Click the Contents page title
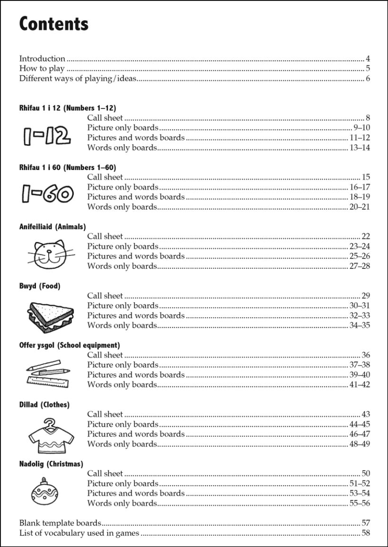click(53, 24)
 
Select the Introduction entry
click(42, 59)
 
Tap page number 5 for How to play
click(368, 69)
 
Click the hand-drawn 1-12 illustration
click(47, 136)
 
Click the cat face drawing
click(47, 252)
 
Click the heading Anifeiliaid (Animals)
click(53, 226)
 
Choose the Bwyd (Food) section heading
click(40, 286)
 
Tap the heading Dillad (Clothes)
click(44, 404)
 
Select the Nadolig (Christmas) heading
click(51, 464)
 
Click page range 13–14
click(360, 148)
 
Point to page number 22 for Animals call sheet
click(365, 236)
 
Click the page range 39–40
click(360, 375)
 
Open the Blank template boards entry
click(60, 523)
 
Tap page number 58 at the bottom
click(365, 533)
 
